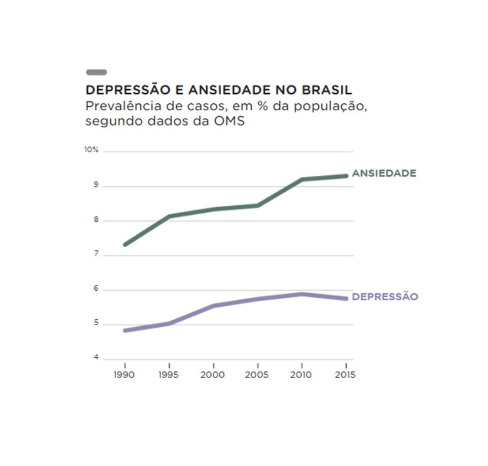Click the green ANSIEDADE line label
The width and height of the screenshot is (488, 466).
[x=384, y=173]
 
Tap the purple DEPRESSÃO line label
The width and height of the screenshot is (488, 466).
[x=385, y=297]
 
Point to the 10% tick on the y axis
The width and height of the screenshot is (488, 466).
[x=91, y=150]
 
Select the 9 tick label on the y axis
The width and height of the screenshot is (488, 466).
[x=95, y=186]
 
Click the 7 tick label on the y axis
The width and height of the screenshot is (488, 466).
[x=95, y=255]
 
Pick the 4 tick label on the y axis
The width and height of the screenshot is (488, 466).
[x=95, y=359]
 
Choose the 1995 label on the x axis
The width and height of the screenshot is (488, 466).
[x=169, y=375]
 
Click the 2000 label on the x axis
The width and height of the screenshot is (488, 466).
[x=213, y=375]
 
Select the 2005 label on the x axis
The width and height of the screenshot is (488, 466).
[x=258, y=375]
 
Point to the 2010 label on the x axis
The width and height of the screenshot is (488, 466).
[x=302, y=375]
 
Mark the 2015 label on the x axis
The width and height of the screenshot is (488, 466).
[x=345, y=375]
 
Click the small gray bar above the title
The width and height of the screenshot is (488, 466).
[x=96, y=72]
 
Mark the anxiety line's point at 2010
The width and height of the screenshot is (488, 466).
[x=302, y=179]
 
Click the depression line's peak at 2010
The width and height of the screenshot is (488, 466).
[x=302, y=294]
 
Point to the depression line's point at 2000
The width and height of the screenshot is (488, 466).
[x=213, y=306]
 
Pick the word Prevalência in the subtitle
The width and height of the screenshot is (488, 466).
[x=117, y=107]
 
